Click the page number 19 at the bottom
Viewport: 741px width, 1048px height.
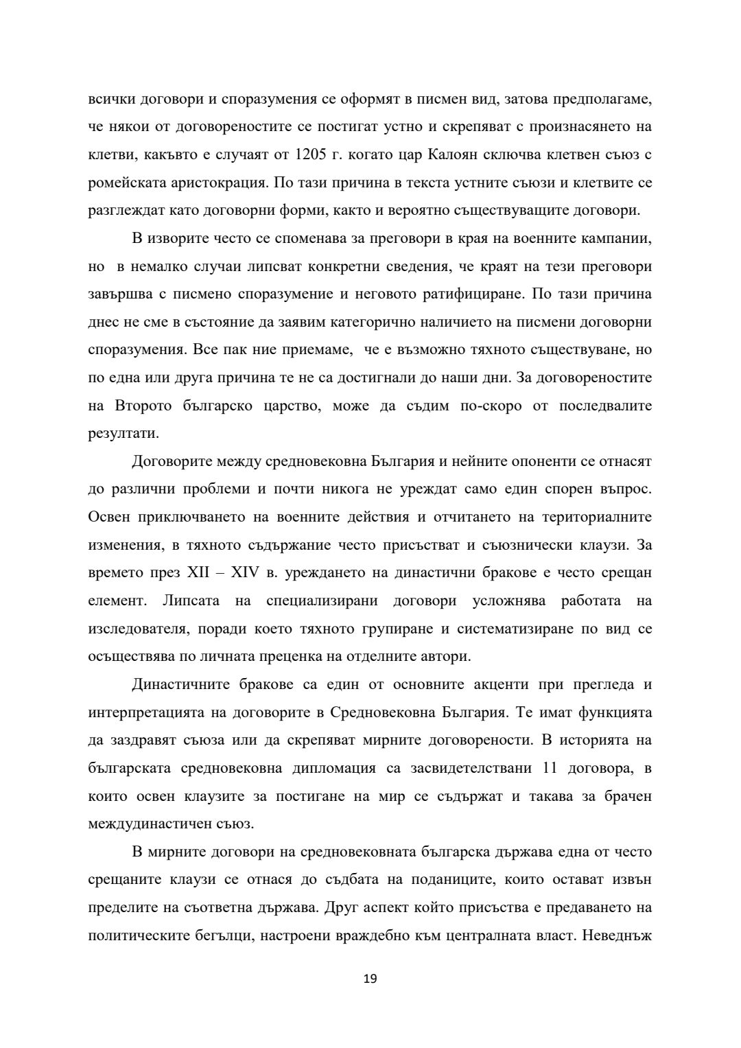370,979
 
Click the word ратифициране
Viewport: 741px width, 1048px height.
456,294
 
